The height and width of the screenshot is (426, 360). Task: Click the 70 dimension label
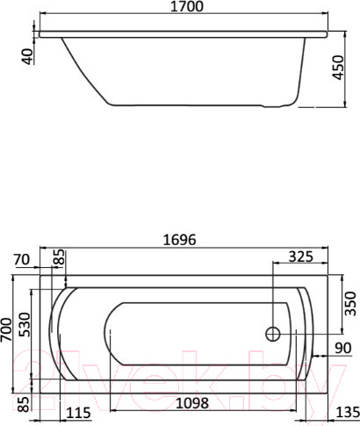25,259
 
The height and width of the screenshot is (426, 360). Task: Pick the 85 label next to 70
60,259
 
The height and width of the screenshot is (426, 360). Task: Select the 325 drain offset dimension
300,259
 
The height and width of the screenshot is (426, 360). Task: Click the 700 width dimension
8,330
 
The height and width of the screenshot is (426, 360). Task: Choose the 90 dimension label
342,349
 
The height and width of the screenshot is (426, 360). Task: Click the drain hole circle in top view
272,334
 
